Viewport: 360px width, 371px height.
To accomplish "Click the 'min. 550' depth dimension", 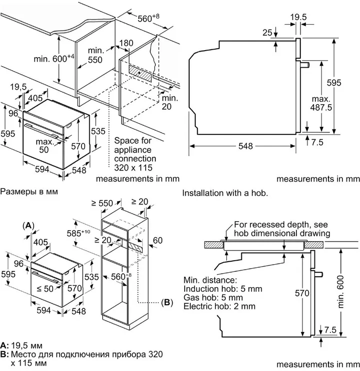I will pos(95,56).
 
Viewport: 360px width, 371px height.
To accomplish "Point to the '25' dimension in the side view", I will pos(267,33).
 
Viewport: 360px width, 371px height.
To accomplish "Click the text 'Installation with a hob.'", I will pos(225,193).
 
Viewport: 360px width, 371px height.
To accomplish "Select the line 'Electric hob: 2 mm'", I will pos(219,306).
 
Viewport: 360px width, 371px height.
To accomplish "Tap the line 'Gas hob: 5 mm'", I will pos(212,297).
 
